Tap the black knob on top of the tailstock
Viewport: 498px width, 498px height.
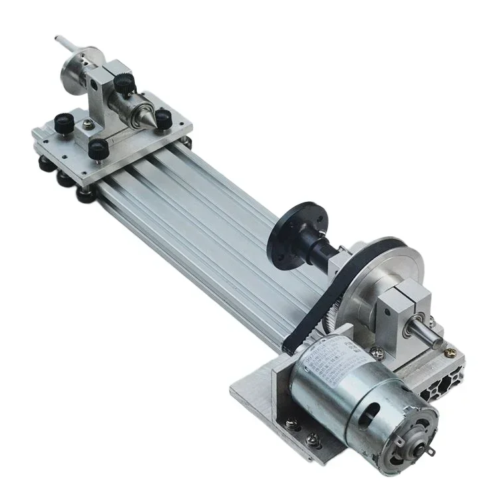tap(122, 82)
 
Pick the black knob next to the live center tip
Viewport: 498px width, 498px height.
tap(164, 118)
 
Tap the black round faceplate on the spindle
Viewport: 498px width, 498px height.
tap(288, 238)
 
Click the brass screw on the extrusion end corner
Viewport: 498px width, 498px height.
tap(452, 348)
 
